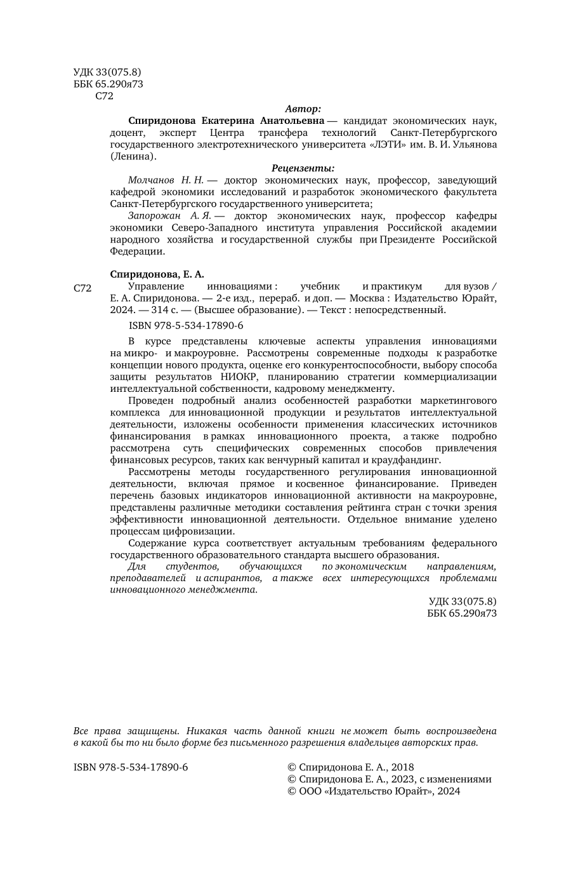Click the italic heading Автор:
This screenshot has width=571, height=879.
[x=303, y=109]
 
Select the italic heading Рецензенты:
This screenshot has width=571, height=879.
[x=303, y=168]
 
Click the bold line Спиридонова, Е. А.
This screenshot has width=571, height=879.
[x=157, y=274]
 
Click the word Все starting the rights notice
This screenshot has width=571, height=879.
[x=82, y=731]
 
